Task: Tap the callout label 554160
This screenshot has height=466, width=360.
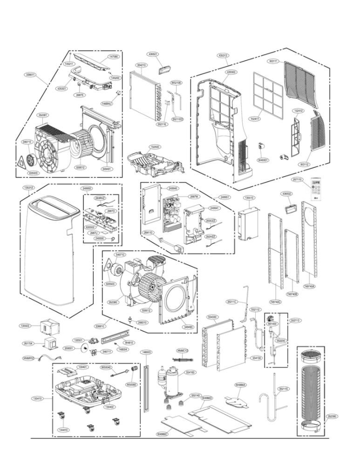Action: point(190,373)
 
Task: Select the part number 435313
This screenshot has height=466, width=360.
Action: point(223,55)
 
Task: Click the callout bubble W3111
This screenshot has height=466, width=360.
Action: point(273,61)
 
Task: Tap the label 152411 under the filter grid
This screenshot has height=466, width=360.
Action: point(253,119)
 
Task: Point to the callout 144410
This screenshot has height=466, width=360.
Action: point(63,430)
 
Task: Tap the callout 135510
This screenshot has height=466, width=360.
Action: point(249,198)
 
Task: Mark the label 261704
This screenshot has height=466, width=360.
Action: point(28,343)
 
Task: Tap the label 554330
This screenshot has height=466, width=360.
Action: point(212,317)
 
